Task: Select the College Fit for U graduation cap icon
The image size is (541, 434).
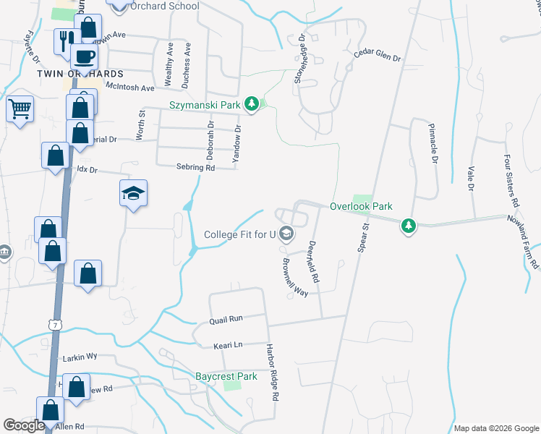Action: coord(286,234)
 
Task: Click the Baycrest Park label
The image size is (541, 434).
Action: coord(226,377)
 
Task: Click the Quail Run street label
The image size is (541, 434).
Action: coord(226,318)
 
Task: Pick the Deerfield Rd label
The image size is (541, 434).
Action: coord(315,261)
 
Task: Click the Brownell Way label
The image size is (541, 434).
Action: coord(295,278)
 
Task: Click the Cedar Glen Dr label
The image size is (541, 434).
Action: coord(377,56)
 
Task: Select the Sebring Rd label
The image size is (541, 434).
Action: coord(195,167)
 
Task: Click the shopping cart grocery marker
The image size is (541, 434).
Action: coord(20,110)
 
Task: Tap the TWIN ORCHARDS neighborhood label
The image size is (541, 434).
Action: coord(81,75)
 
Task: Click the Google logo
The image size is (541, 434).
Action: coord(24,426)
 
